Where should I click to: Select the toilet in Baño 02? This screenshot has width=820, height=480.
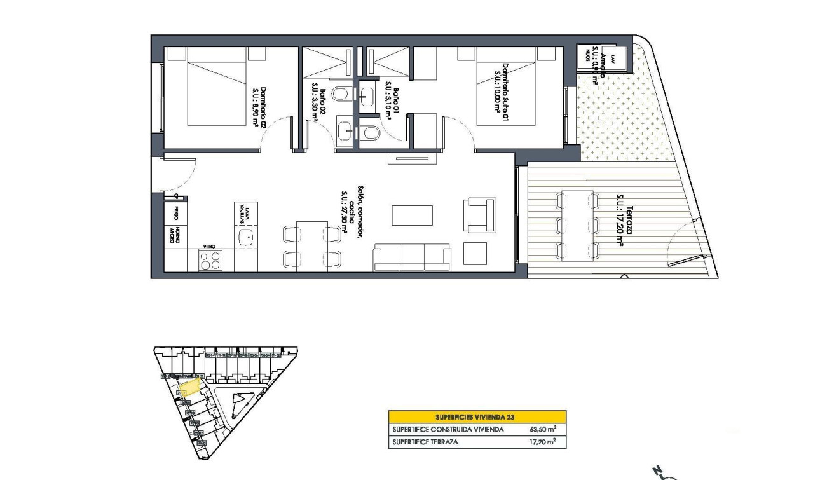(341, 95)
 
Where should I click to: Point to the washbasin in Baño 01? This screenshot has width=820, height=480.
(367, 96)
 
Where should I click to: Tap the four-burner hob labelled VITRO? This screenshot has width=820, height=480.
(211, 260)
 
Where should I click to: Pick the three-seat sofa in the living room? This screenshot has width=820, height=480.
(411, 257)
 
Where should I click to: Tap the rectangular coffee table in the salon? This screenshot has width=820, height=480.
(412, 215)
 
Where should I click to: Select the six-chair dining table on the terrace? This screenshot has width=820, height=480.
(577, 226)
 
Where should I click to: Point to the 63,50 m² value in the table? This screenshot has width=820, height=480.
(543, 429)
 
